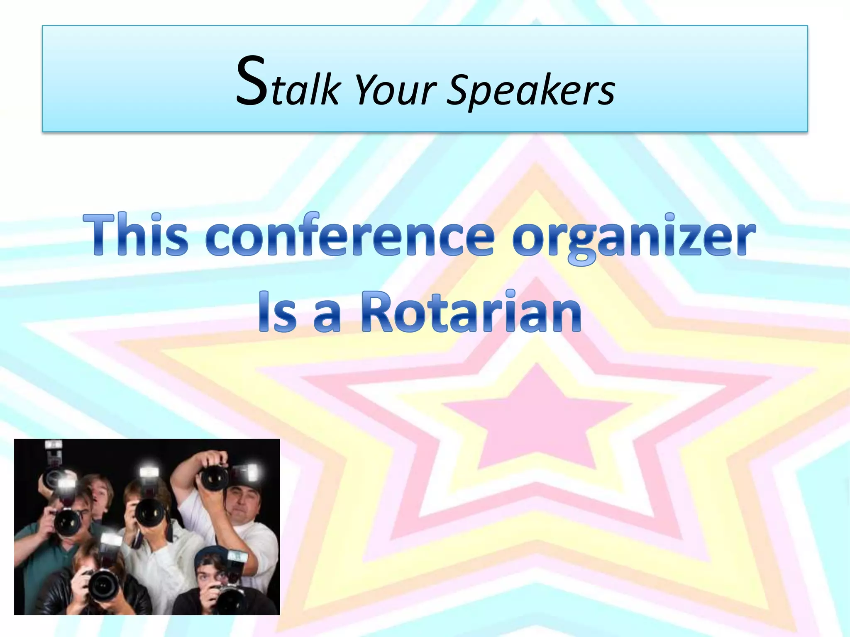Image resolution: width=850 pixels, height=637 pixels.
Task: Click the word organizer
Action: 633,236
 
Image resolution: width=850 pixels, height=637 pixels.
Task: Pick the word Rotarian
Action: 471,312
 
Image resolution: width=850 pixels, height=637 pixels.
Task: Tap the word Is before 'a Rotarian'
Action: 277,312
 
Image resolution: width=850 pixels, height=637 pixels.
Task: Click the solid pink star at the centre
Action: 537,419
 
